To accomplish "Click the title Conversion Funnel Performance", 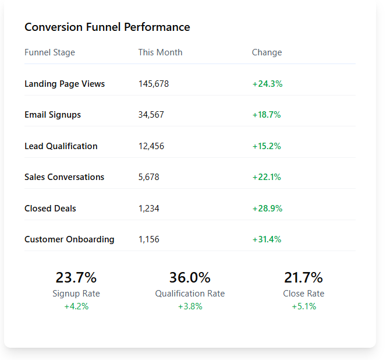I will [x=107, y=27].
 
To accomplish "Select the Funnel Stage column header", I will [x=49, y=52].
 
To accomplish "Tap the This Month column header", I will [x=160, y=52].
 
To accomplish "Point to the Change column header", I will [x=267, y=52].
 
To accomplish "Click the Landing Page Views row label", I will [x=65, y=84].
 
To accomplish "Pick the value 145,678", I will [x=154, y=84].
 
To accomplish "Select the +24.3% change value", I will [x=267, y=84].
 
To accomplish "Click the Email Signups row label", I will [x=52, y=115].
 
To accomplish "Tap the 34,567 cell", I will [x=151, y=115].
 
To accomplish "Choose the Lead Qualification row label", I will [x=61, y=146].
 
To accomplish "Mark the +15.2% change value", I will [x=267, y=146].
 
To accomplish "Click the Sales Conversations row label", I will [x=64, y=177].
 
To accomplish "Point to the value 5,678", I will [x=149, y=177].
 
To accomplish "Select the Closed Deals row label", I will [x=50, y=209].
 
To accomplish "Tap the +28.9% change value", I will [x=267, y=209].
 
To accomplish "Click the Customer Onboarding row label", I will [x=69, y=239].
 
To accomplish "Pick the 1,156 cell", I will [x=149, y=239].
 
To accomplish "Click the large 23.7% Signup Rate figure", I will [x=76, y=277].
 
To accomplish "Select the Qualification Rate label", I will [x=190, y=294].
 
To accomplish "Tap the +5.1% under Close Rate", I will [x=304, y=306].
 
